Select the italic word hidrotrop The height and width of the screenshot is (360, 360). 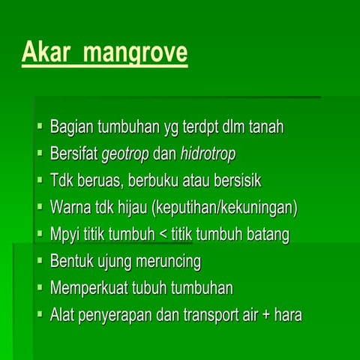[x=208, y=154]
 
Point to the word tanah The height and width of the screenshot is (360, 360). [x=264, y=127]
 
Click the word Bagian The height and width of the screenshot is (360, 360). [x=70, y=127]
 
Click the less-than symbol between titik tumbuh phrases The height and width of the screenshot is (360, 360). [x=161, y=235]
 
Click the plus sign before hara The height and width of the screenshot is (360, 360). [x=262, y=315]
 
